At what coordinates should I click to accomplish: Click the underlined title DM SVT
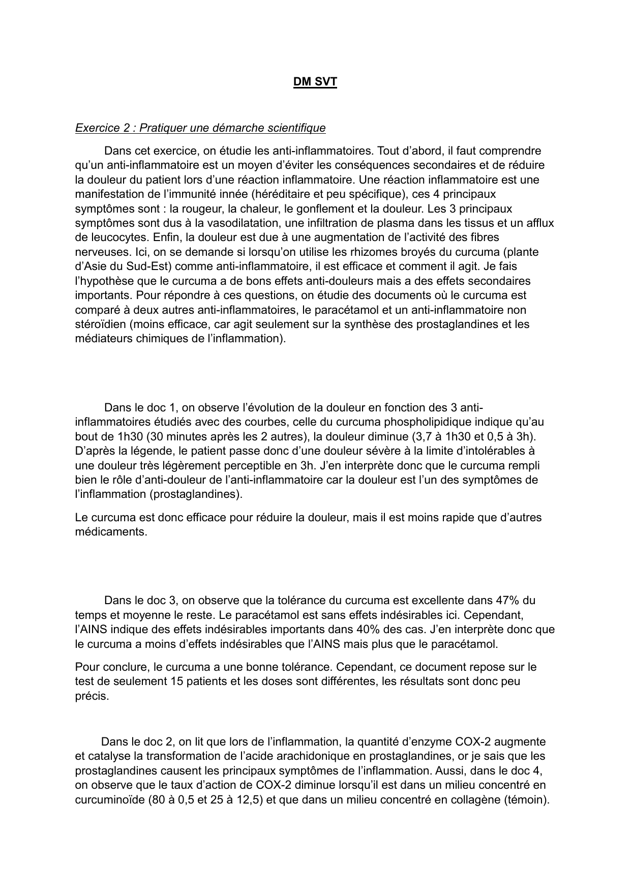[315, 81]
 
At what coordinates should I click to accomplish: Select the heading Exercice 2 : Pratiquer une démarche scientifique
[200, 128]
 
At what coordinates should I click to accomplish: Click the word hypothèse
[106, 281]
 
